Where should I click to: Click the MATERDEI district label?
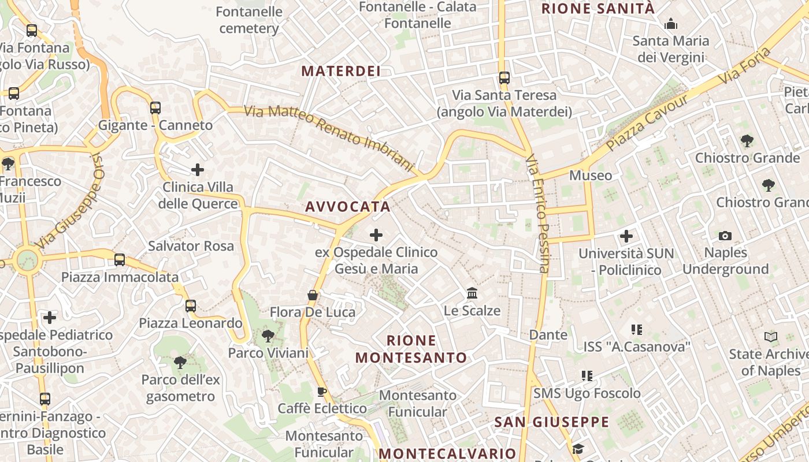341,71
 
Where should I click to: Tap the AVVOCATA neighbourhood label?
348,207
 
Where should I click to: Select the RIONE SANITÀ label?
598,9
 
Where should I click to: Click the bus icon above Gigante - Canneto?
155,107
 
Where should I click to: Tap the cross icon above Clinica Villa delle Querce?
198,170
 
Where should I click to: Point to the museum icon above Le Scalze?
472,293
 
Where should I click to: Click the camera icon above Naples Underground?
725,236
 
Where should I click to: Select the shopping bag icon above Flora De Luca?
313,295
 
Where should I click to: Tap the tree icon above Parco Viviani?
268,336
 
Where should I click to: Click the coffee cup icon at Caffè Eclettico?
322,392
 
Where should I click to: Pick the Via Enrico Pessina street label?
537,214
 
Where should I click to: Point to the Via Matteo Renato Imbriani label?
330,138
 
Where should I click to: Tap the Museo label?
591,176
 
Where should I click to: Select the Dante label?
548,335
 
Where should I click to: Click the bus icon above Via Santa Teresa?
504,77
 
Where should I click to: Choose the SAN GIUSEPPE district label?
552,422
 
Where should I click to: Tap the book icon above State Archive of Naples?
771,337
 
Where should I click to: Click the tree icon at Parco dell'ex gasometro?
180,363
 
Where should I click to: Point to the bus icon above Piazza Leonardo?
191,305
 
